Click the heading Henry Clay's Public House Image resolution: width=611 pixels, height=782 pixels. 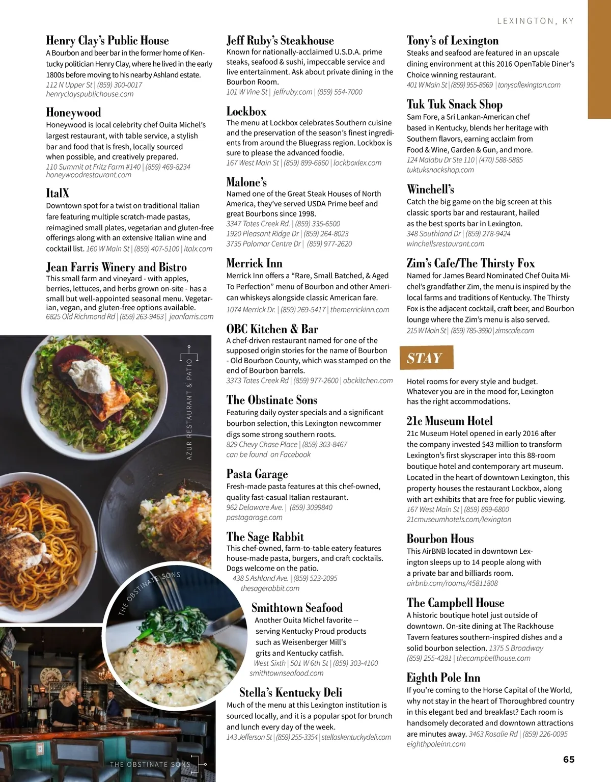coord(107,41)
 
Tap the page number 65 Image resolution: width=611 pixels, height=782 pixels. coord(569,760)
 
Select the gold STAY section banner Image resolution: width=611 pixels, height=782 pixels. coord(426,358)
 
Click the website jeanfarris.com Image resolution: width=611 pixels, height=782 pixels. coord(191,317)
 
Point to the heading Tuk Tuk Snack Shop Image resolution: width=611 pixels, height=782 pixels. coord(454,105)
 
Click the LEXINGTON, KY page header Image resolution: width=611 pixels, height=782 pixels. coord(535,21)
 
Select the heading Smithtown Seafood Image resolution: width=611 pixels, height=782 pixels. coord(297,608)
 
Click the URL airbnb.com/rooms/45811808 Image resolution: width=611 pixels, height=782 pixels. coord(452,583)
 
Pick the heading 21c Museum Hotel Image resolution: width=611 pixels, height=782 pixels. coord(450,421)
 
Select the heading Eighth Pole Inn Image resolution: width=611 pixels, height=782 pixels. coord(443,678)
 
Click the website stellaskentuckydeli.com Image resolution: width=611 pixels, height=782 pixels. coord(356,737)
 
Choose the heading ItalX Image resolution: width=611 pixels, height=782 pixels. coord(58,193)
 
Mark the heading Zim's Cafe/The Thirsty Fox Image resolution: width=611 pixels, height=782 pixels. coord(470,263)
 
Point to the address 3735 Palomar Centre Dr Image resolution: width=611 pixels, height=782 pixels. coord(264,244)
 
